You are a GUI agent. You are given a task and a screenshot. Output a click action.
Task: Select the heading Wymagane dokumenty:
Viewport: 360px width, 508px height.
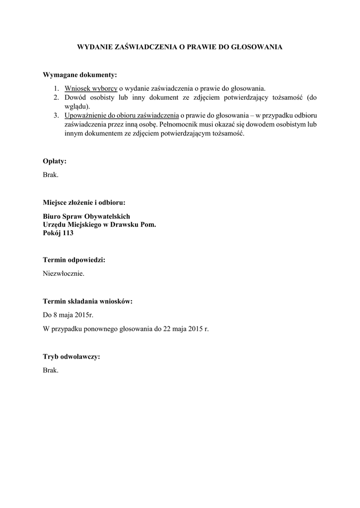click(80, 75)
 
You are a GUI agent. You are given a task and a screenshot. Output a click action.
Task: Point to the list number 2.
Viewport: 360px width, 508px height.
click(57, 98)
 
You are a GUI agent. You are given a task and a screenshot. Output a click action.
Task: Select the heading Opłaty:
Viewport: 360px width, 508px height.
click(55, 161)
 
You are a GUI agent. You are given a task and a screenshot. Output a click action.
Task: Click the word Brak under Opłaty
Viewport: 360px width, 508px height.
click(51, 175)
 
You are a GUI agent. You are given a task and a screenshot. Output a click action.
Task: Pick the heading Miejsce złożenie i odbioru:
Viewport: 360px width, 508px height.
click(84, 202)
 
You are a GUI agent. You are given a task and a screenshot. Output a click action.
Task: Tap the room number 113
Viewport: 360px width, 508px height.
click(67, 233)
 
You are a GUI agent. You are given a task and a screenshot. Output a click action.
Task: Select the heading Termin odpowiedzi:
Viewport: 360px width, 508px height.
click(74, 259)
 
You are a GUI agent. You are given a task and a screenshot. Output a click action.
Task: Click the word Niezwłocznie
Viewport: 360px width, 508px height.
click(64, 273)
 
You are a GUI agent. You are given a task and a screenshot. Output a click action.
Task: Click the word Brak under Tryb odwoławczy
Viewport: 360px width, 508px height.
click(51, 370)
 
